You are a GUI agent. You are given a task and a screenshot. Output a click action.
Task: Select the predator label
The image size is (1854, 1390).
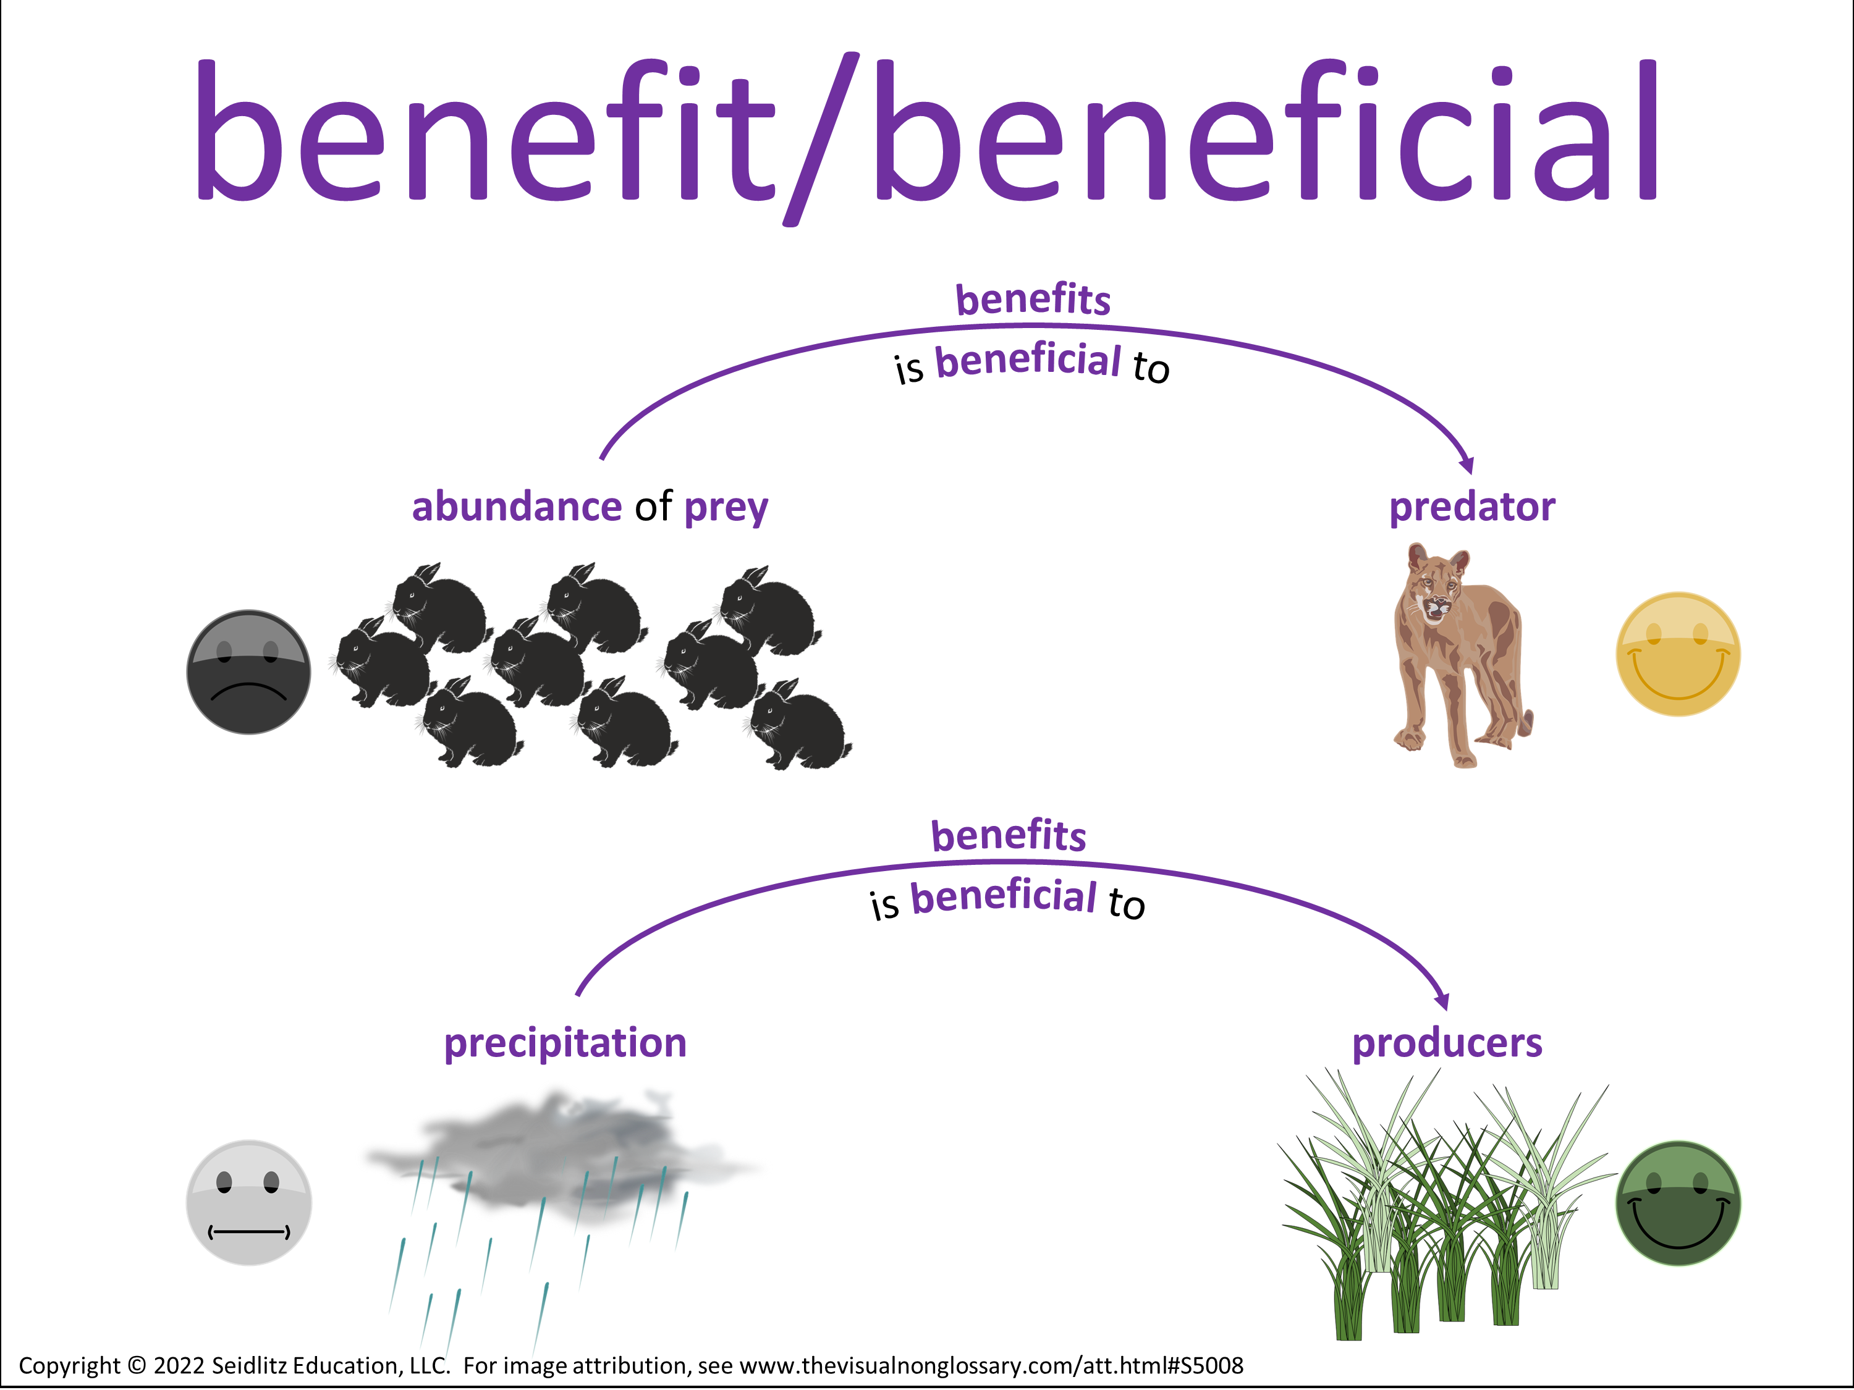point(1472,508)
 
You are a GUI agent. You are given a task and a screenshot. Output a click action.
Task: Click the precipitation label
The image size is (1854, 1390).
point(565,1044)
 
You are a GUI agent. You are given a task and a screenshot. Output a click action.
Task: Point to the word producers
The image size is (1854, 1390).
point(1447,1044)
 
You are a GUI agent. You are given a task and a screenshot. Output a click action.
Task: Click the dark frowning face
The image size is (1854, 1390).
point(248,672)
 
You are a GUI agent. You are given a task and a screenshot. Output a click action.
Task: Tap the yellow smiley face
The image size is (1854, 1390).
point(1678,654)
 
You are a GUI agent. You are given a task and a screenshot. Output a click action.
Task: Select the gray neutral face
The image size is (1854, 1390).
point(248,1202)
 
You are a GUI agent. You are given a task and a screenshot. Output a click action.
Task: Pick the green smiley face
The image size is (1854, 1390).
point(1678,1203)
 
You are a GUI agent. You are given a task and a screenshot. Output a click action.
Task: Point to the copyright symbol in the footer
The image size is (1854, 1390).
point(137,1366)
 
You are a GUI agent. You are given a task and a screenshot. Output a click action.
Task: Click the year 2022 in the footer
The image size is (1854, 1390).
point(179,1366)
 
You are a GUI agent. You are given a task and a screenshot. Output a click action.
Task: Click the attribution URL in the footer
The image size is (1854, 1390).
point(991,1366)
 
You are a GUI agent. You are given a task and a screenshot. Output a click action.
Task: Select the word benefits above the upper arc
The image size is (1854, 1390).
point(1033,299)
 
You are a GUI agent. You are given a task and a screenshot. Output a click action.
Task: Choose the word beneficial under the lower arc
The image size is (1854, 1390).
point(1003,896)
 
